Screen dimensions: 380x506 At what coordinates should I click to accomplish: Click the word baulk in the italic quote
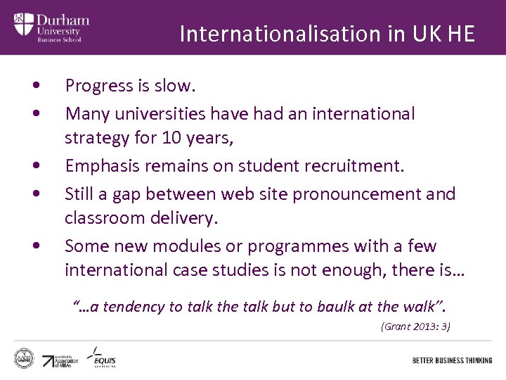[344, 307]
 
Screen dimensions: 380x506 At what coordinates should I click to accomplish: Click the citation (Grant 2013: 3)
[415, 327]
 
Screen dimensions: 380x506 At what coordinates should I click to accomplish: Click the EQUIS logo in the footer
[102, 358]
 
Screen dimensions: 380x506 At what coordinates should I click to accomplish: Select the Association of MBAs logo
[58, 360]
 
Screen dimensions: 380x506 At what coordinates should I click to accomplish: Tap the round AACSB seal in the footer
[25, 357]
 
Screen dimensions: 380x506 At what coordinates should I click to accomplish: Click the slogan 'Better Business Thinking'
[452, 360]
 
